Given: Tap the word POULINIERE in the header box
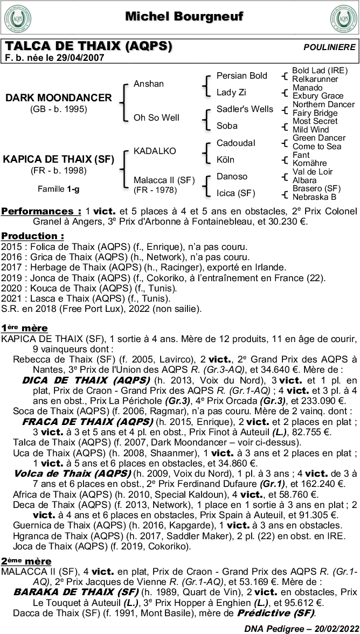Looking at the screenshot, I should pyautogui.click(x=329, y=47).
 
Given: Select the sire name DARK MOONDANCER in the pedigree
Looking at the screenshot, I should pyautogui.click(x=59, y=98).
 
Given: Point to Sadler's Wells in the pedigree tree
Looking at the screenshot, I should pyautogui.click(x=245, y=109).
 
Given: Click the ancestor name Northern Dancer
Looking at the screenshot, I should pyautogui.click(x=323, y=104).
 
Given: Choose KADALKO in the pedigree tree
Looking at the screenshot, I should pyautogui.click(x=155, y=151).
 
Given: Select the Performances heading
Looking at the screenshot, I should pyautogui.click(x=41, y=211).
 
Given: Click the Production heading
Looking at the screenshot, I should pyautogui.click(x=32, y=236).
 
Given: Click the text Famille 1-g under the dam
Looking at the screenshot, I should pyautogui.click(x=58, y=189).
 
